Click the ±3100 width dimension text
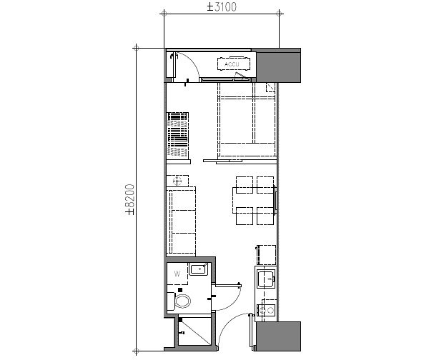click(x=222, y=7)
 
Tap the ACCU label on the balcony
click(x=233, y=65)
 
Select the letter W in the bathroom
click(x=177, y=273)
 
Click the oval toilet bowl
click(x=184, y=301)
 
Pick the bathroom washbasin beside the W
click(x=198, y=270)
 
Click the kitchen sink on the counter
click(x=266, y=279)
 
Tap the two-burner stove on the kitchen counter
click(x=266, y=310)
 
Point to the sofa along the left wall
click(x=182, y=221)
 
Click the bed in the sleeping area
click(x=245, y=119)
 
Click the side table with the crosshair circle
click(x=178, y=181)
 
